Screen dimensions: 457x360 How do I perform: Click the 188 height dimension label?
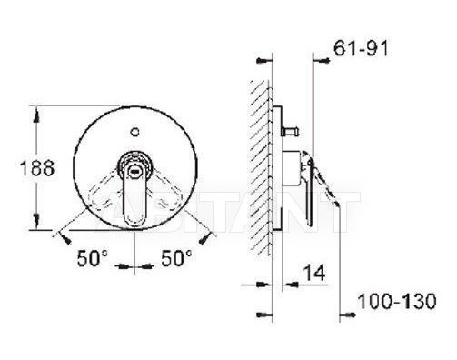[x=37, y=168]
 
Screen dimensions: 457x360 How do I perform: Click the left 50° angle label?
[x=92, y=258]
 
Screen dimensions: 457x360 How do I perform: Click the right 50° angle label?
[x=176, y=258]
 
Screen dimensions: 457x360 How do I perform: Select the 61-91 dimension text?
[x=361, y=48]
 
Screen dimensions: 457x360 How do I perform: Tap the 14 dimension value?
[x=314, y=273]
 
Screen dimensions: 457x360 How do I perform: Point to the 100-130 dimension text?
[x=397, y=302]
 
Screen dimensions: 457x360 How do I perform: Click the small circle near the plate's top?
[x=134, y=132]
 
